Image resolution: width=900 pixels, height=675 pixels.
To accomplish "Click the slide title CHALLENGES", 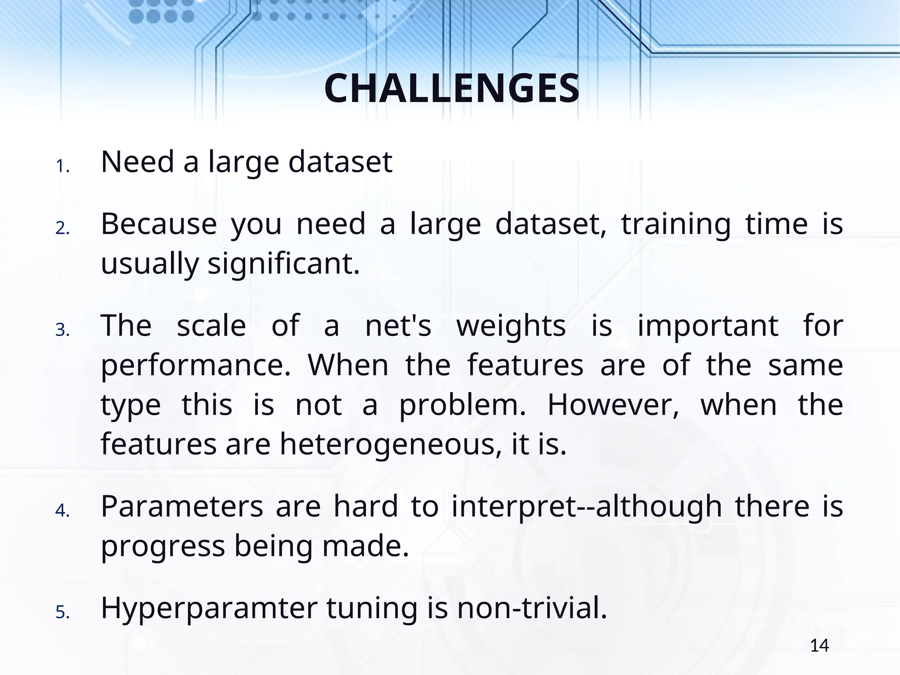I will click(x=452, y=89).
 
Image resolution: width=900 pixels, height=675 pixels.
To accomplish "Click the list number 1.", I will click(x=62, y=167).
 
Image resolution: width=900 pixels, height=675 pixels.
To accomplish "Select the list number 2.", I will click(x=62, y=229).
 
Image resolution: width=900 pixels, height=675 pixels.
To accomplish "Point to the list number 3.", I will click(x=62, y=330).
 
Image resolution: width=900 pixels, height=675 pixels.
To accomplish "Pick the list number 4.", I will click(x=62, y=511).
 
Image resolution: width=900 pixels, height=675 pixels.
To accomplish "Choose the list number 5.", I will click(x=62, y=612).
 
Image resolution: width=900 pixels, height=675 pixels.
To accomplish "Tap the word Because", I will click(x=159, y=224).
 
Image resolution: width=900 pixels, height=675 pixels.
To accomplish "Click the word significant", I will click(x=283, y=265).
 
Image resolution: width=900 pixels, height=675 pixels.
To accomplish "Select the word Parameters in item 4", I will click(x=182, y=506).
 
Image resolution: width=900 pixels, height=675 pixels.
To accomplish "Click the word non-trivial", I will click(x=532, y=608).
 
